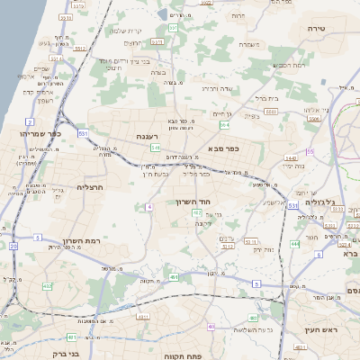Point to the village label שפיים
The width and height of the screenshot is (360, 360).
click(41, 69)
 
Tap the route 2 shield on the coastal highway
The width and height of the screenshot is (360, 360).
click(30, 121)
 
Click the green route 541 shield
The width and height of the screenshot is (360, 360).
click(156, 148)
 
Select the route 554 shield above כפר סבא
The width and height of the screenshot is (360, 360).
click(224, 125)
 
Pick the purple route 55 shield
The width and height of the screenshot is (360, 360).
click(310, 151)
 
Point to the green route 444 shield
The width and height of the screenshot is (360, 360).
click(294, 244)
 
